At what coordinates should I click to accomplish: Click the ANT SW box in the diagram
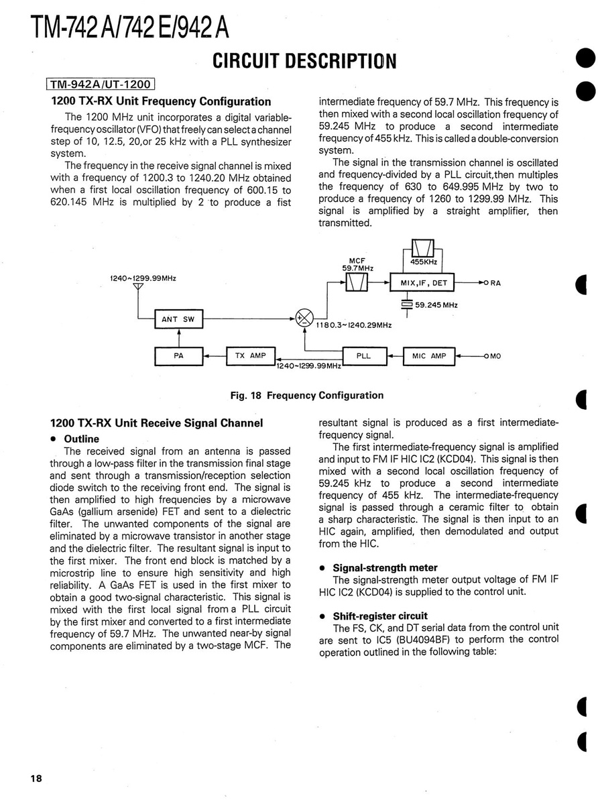point(178,320)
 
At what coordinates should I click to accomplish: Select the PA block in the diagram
point(178,356)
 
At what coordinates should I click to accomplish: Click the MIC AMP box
point(428,356)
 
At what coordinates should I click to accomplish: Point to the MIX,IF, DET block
point(424,283)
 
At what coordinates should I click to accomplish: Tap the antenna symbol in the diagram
point(138,288)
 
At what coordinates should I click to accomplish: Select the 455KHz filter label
point(424,262)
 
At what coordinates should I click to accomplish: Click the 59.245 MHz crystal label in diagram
point(436,305)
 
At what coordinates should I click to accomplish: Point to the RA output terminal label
point(495,283)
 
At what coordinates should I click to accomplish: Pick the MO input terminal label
point(495,356)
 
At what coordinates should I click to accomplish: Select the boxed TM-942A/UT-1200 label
point(101,84)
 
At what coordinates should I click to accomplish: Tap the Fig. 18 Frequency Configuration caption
point(307,395)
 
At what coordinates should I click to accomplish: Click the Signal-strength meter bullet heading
point(385,568)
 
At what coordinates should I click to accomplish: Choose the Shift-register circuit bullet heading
point(380,616)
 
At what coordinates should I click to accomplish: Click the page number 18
point(36,778)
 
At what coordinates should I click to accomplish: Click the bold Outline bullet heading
point(81,439)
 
